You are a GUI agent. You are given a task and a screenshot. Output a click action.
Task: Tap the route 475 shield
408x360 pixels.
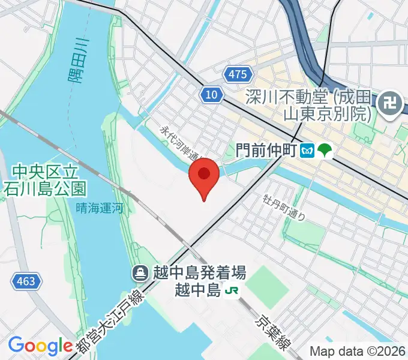237,74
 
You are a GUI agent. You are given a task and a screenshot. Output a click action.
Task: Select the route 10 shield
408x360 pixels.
212,95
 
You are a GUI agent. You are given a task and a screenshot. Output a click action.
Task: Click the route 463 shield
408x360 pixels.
25,280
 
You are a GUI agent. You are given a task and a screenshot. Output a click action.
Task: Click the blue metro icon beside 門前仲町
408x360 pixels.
307,149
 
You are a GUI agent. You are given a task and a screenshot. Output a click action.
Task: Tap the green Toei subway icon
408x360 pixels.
325,149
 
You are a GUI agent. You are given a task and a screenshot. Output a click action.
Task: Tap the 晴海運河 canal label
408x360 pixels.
100,208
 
